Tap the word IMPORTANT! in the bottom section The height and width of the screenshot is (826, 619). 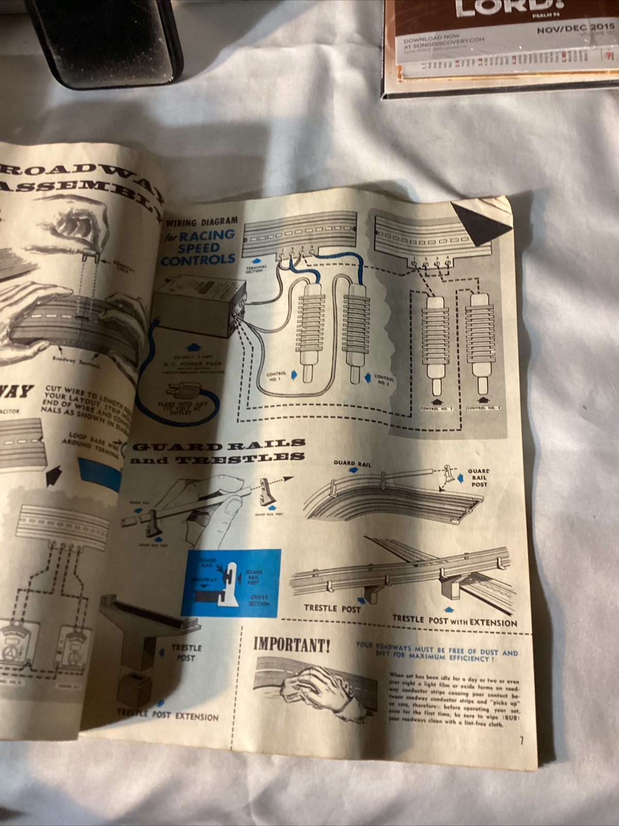point(291,645)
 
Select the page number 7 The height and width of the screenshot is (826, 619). point(521,741)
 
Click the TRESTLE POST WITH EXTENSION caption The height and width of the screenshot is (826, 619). point(454,621)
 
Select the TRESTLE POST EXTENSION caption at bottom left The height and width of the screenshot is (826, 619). point(168,715)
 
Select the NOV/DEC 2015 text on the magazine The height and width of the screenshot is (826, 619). point(572,29)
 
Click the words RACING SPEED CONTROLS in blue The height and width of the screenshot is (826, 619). point(198,247)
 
